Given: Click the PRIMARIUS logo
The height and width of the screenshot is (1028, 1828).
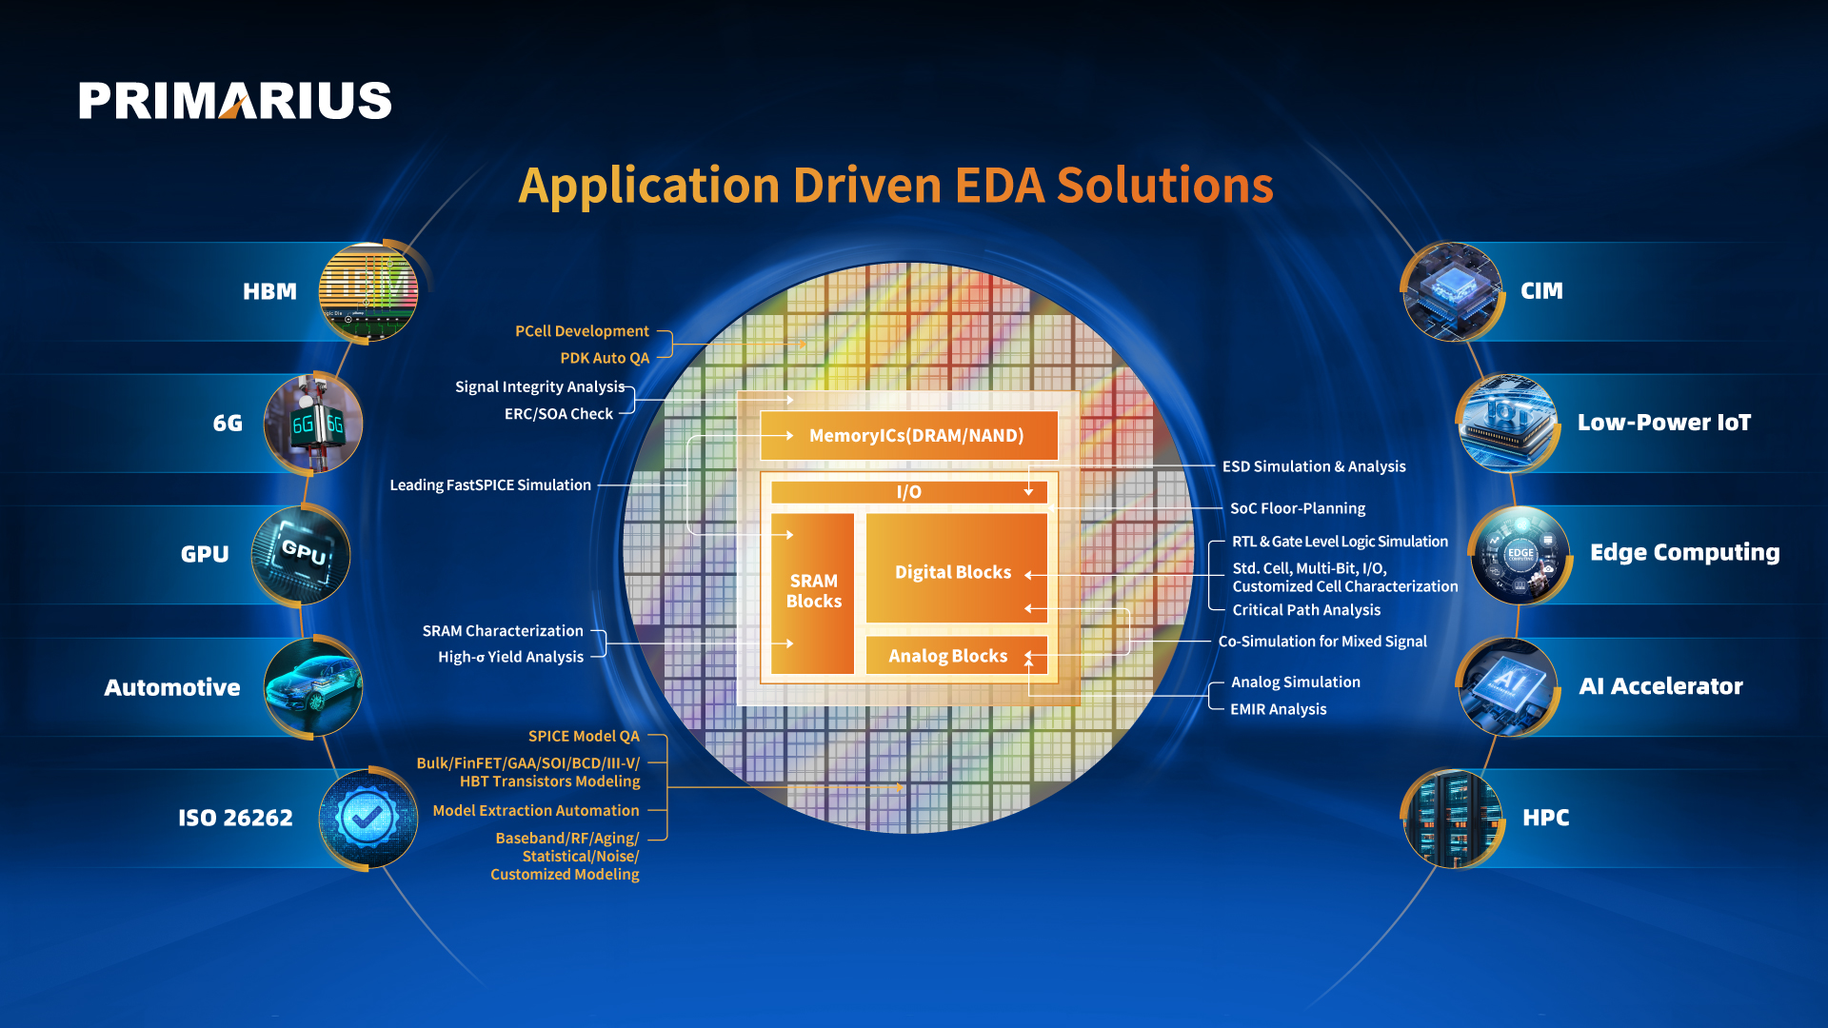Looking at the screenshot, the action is click(235, 100).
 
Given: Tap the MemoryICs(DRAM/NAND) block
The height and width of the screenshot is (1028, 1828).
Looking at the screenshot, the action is click(909, 435).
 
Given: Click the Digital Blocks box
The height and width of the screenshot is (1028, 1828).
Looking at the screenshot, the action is click(957, 568).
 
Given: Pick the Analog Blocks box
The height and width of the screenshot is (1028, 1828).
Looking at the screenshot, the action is click(957, 655).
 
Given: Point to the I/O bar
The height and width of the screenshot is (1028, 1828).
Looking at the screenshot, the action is click(909, 492).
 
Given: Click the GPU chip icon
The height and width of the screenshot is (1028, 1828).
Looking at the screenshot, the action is click(301, 555).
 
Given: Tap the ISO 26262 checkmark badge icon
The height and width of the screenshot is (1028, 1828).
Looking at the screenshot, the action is click(368, 819).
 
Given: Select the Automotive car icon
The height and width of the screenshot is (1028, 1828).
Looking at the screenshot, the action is click(313, 686).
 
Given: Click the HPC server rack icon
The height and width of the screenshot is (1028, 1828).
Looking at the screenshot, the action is click(1453, 819).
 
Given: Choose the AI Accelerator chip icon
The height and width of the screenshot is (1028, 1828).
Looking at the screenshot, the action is click(1508, 686).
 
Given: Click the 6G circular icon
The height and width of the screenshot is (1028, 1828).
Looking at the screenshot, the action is click(313, 423).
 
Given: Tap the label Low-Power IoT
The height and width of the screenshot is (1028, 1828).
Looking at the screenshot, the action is click(1664, 423).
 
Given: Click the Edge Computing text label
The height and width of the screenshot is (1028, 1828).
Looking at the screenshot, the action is click(1685, 553).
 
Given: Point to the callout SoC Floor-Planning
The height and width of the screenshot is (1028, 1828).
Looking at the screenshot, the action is click(1298, 508).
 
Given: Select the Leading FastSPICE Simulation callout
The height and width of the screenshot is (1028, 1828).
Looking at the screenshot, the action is click(490, 484).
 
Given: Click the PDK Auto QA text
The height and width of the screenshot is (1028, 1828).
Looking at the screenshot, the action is click(605, 358).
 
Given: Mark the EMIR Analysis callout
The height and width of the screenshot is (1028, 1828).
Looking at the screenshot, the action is click(1278, 709).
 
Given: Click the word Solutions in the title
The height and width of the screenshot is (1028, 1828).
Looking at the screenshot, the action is click(1164, 185).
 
